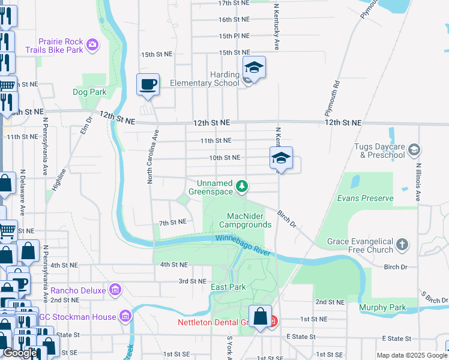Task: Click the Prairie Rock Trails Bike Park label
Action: (x=60, y=46)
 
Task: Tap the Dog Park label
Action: (x=89, y=92)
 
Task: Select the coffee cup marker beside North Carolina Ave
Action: (x=148, y=85)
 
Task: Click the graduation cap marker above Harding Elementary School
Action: (x=254, y=68)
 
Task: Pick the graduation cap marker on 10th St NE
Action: (x=280, y=158)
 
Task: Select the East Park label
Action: (x=228, y=287)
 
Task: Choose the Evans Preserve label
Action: (x=365, y=198)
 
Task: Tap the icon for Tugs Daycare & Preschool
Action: (x=413, y=149)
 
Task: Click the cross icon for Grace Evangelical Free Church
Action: (x=402, y=244)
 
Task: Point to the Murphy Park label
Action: (x=382, y=308)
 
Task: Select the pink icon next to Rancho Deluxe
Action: (x=115, y=290)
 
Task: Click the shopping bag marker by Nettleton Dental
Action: (x=261, y=316)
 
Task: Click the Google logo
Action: (x=20, y=353)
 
